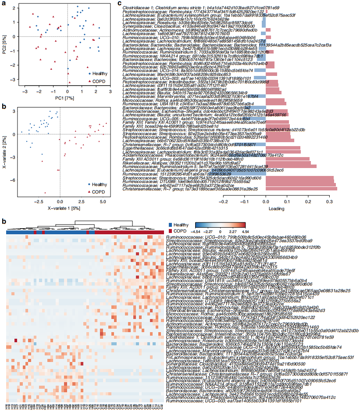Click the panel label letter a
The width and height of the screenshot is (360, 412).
click(x=4, y=3)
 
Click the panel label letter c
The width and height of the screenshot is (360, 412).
click(x=120, y=3)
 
